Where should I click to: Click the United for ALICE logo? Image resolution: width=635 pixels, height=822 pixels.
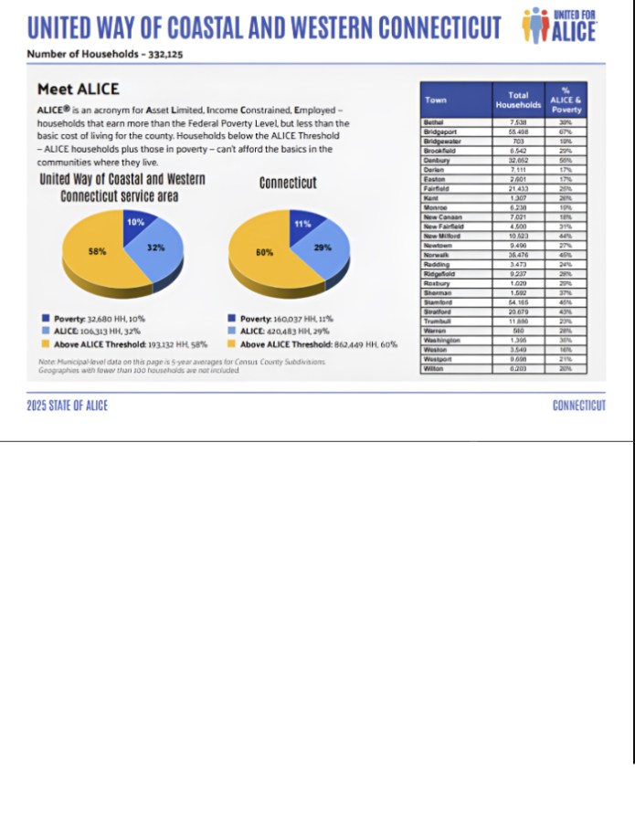click(558, 25)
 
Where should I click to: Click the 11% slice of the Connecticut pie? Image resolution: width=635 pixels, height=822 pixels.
click(303, 224)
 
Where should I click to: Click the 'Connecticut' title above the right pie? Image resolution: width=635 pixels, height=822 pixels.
click(288, 183)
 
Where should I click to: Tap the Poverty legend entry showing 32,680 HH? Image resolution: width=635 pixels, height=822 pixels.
click(91, 319)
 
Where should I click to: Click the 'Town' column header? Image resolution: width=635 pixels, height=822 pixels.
click(436, 99)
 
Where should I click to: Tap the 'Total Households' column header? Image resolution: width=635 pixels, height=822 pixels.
click(518, 100)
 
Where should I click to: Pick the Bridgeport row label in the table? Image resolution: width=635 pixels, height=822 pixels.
click(440, 132)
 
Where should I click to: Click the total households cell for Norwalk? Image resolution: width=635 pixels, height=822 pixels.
click(518, 255)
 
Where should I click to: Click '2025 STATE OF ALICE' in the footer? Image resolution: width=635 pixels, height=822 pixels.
click(67, 406)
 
